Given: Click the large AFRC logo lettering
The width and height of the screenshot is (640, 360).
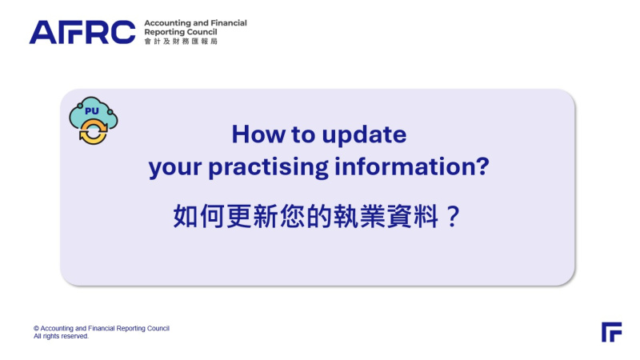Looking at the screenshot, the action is click(82, 32).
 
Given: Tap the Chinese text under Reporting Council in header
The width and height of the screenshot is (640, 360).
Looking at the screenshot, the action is click(181, 42).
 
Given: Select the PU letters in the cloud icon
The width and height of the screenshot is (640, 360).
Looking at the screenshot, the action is click(92, 110).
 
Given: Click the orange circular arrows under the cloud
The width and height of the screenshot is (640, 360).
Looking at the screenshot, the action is click(93, 131).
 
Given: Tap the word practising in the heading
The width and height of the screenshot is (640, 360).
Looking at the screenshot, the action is click(268, 167).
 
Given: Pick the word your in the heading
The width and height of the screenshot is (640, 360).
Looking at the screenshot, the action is click(175, 169).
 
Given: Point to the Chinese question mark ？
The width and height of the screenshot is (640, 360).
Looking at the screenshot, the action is click(452, 216).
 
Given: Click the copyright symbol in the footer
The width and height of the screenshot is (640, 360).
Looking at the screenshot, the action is click(36, 329).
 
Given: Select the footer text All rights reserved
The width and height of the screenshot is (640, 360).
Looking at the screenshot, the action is click(61, 336).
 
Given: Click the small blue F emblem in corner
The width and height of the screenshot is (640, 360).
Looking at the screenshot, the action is click(611, 332).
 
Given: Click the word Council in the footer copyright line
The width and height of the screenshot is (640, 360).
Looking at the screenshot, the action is click(158, 328).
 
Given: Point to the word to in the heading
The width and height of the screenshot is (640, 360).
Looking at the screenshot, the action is click(303, 134).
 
